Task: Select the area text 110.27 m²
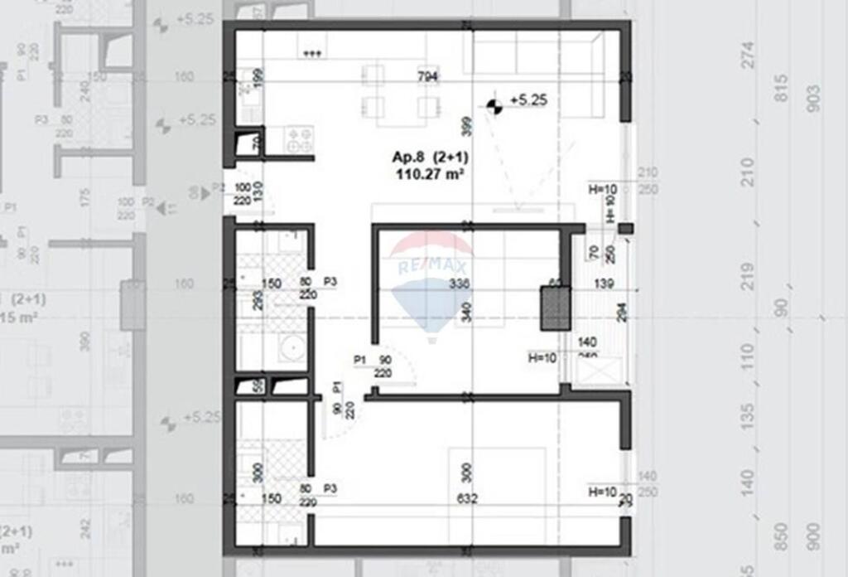click(x=428, y=174)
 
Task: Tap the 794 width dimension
click(x=428, y=77)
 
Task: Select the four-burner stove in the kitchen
click(x=299, y=138)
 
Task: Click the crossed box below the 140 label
click(x=595, y=370)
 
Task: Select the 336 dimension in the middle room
click(x=458, y=284)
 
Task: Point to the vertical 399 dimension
click(x=465, y=127)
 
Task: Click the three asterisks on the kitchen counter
click(x=312, y=55)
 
